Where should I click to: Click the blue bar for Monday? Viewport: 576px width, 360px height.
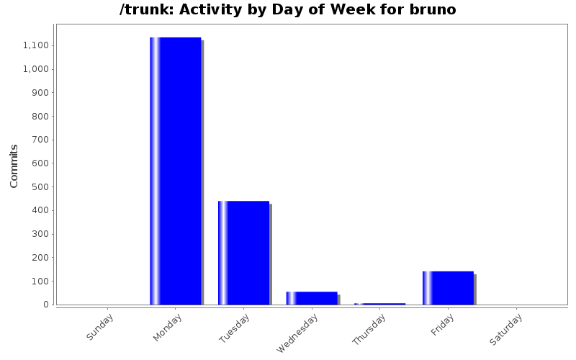[175, 171]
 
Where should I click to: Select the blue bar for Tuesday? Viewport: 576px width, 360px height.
[243, 253]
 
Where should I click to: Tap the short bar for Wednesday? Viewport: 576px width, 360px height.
[311, 298]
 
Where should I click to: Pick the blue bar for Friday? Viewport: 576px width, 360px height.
[448, 288]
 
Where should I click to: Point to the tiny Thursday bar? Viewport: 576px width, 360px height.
[379, 304]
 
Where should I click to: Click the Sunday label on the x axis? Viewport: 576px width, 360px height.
[100, 326]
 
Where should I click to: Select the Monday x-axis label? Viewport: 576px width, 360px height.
[168, 327]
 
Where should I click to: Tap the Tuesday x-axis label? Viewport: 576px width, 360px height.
[235, 327]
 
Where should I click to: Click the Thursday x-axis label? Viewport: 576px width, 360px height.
[369, 330]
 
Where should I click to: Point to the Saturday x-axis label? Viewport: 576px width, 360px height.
[506, 328]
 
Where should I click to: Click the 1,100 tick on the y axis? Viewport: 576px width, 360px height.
[36, 45]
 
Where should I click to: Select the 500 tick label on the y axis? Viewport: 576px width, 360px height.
[40, 186]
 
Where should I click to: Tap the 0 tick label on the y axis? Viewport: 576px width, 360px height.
[46, 304]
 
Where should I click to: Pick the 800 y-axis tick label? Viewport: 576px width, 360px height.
[40, 116]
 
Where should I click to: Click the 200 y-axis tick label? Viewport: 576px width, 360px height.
[40, 257]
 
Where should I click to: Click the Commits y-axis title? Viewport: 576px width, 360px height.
[14, 166]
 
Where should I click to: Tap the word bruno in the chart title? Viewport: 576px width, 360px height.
[433, 10]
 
